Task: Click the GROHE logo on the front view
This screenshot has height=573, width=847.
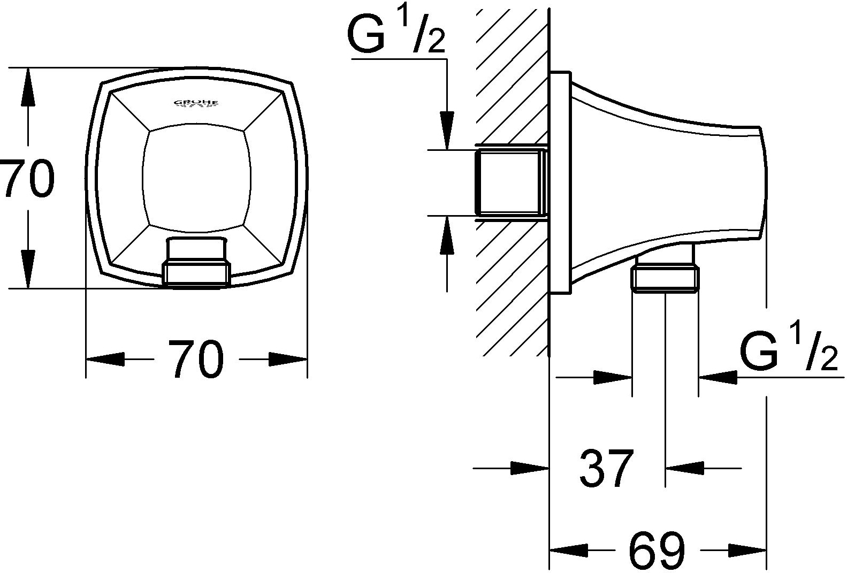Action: pyautogui.click(x=196, y=103)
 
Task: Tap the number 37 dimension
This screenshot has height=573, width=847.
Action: pyautogui.click(x=606, y=468)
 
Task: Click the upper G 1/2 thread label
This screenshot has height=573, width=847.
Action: pyautogui.click(x=396, y=34)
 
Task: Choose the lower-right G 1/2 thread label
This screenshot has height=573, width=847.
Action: pyautogui.click(x=787, y=351)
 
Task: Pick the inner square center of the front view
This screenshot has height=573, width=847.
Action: pyautogui.click(x=196, y=178)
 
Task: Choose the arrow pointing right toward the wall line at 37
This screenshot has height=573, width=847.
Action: pyautogui.click(x=530, y=468)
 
